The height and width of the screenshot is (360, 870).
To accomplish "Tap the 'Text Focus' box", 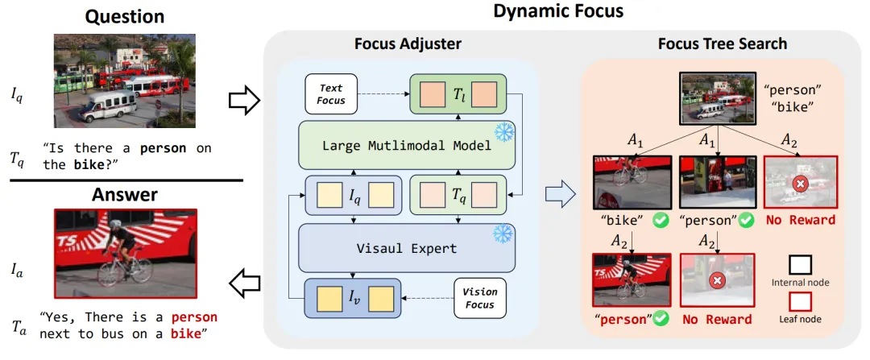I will click(330, 94).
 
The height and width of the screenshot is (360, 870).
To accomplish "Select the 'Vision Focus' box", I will click(481, 300).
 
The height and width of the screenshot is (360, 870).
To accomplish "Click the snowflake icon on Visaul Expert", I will click(503, 234).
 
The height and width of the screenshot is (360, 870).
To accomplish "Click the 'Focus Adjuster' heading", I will click(408, 43).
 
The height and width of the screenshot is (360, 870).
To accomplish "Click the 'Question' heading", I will click(125, 16).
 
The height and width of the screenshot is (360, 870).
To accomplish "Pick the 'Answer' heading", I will click(125, 194).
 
